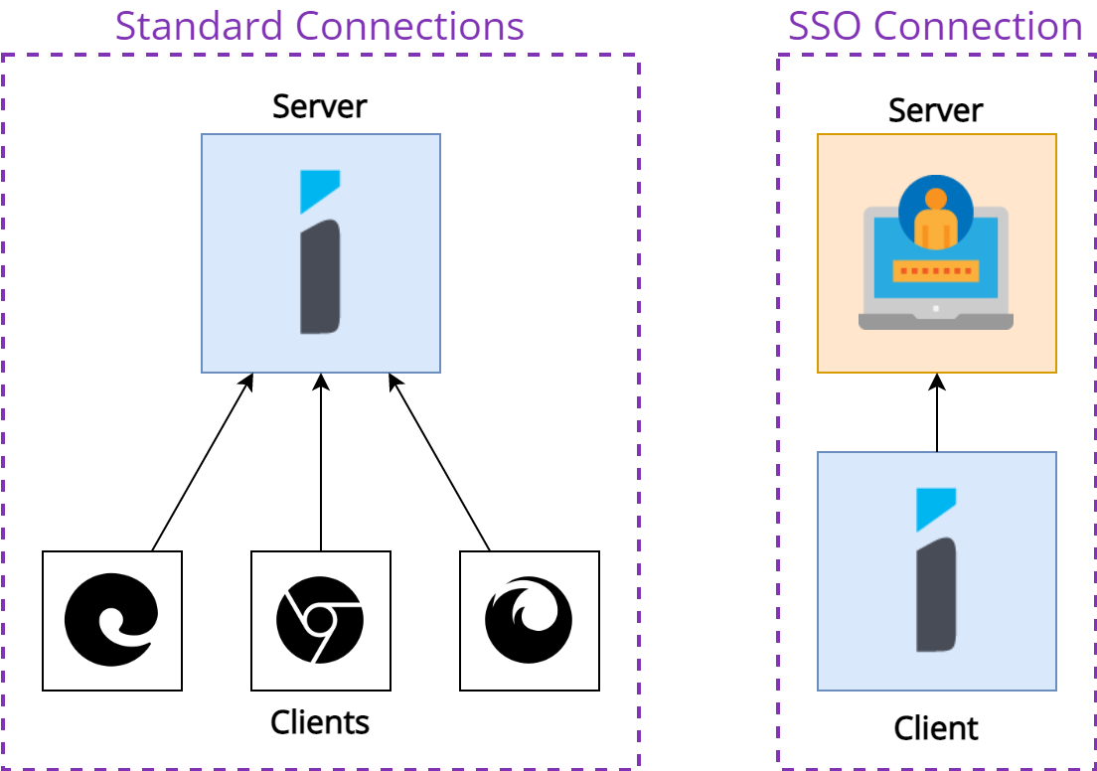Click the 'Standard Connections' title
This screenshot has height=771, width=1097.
click(x=319, y=26)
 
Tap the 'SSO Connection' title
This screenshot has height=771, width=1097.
click(x=935, y=26)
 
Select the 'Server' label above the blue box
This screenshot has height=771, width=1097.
click(x=319, y=106)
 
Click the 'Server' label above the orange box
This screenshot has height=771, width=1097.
click(x=935, y=110)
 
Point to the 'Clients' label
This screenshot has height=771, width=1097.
click(x=319, y=722)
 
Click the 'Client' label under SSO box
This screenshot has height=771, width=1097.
click(x=935, y=728)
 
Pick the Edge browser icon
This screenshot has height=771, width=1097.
click(x=111, y=620)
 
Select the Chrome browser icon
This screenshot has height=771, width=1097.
click(x=320, y=620)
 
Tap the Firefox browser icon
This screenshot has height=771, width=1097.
click(x=529, y=620)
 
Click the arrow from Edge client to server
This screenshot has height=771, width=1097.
click(x=202, y=462)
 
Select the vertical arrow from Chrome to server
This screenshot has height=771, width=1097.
click(x=321, y=462)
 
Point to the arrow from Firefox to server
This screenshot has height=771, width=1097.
click(x=439, y=462)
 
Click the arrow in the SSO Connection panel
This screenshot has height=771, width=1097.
click(x=937, y=412)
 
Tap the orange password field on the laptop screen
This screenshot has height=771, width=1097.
click(x=935, y=270)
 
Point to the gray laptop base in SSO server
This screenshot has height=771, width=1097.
click(x=935, y=321)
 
